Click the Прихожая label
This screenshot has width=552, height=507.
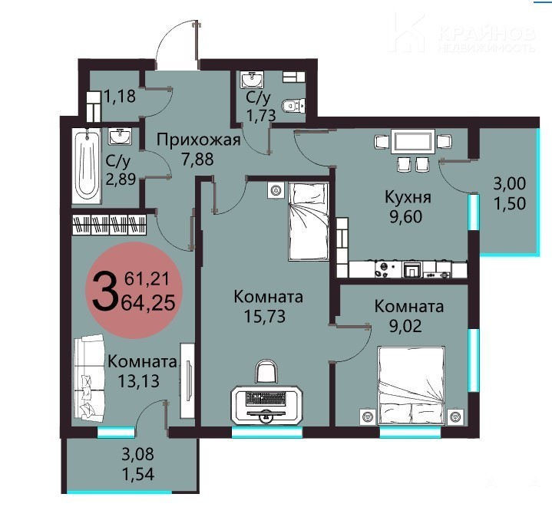[x=199, y=140]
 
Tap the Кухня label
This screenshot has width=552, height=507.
[x=408, y=197]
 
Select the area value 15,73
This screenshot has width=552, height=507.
[x=265, y=317]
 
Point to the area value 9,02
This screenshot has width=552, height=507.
[x=405, y=326]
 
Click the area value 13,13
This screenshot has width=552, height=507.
[x=138, y=380]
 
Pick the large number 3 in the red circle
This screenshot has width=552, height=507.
[x=104, y=293]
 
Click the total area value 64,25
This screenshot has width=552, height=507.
[x=148, y=303]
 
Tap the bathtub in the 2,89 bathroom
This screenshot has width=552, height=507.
[x=87, y=165]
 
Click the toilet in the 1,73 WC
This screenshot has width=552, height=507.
[x=293, y=105]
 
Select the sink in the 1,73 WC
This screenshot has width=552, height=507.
[x=252, y=80]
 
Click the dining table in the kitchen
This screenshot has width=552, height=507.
[x=413, y=142]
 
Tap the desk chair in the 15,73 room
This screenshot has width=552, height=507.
[x=266, y=372]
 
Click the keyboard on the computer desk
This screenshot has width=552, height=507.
[x=266, y=398]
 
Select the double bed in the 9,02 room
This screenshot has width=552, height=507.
[x=411, y=386]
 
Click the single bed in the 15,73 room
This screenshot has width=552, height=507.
[x=309, y=222]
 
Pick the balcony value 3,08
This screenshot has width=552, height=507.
[x=137, y=454]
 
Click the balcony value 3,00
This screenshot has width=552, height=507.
[x=510, y=184]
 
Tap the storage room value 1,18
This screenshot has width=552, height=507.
[x=119, y=96]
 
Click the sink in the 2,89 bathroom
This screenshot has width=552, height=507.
[x=121, y=137]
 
